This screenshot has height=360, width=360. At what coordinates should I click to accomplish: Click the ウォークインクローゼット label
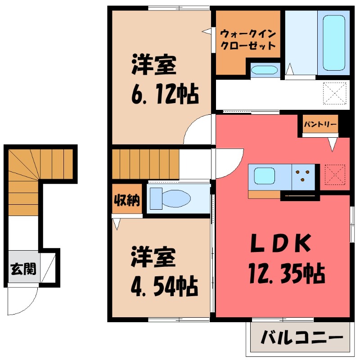[247, 40]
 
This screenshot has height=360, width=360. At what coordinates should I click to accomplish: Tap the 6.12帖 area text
[165, 95]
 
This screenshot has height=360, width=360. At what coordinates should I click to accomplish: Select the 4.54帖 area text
[165, 285]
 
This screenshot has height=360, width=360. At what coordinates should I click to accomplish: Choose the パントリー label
[320, 124]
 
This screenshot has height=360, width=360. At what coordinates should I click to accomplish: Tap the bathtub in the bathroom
[334, 43]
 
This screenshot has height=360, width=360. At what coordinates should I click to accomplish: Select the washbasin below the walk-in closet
[264, 70]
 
